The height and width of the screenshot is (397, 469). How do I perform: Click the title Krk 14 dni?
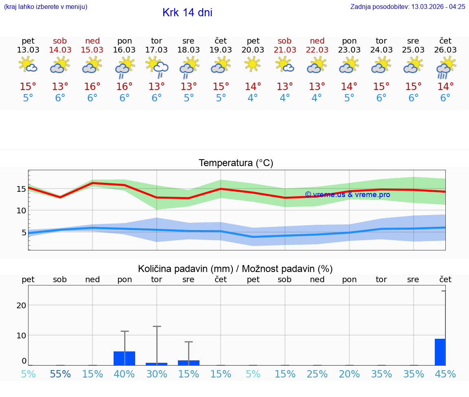(187, 13)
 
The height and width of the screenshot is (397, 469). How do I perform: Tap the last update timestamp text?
(408, 7)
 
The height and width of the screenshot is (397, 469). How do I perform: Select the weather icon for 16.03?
(125, 67)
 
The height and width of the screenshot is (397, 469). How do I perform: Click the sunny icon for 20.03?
(253, 64)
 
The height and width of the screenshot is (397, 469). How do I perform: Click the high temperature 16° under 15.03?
(92, 87)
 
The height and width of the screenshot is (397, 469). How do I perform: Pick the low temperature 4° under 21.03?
(285, 98)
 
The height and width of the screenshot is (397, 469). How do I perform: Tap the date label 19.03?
(221, 50)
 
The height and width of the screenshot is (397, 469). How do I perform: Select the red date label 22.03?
(317, 50)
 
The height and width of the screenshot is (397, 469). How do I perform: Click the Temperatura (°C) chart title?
(236, 163)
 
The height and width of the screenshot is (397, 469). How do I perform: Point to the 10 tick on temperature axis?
(21, 211)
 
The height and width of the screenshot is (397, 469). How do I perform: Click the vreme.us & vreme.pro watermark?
(348, 195)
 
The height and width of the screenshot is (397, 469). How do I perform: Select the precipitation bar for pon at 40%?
(124, 358)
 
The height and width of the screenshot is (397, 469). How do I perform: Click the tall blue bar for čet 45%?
(440, 352)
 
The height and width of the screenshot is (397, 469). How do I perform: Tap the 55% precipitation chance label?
(60, 374)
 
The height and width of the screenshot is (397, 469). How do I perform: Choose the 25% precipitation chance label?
(317, 374)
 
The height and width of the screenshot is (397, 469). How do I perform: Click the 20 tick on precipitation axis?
(21, 305)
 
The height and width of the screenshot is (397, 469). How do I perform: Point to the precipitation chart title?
(235, 269)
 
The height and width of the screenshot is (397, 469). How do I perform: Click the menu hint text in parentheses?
(46, 7)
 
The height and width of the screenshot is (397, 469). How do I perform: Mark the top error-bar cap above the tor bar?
(157, 326)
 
